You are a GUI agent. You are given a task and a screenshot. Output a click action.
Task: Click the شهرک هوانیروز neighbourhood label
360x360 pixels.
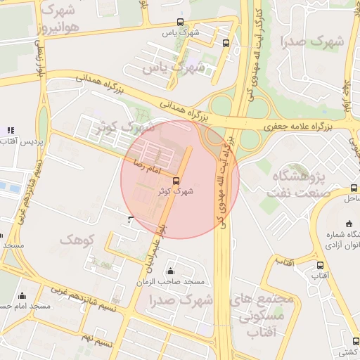coord(60,19)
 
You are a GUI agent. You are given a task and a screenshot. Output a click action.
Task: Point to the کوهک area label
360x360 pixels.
coord(77,240)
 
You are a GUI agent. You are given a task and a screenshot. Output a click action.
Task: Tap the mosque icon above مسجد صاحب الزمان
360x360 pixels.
coord(170,271)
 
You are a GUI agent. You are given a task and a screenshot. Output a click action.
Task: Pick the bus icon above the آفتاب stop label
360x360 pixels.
coord(320,265)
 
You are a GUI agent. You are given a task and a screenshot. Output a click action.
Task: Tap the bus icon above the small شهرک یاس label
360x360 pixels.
coord(180,22)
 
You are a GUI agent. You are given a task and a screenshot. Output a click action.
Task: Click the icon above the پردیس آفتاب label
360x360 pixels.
coord(10,130)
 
